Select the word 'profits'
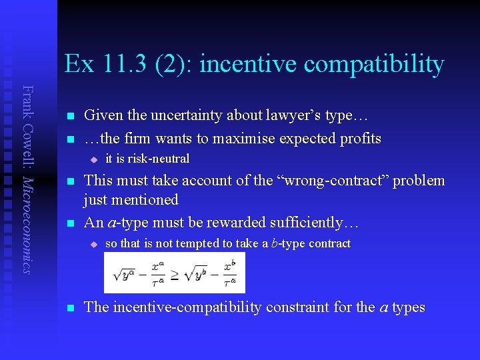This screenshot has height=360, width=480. pos(359,139)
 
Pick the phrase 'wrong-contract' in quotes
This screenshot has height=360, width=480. pos(319,181)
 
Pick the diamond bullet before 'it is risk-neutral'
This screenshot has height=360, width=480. pos(94,159)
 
